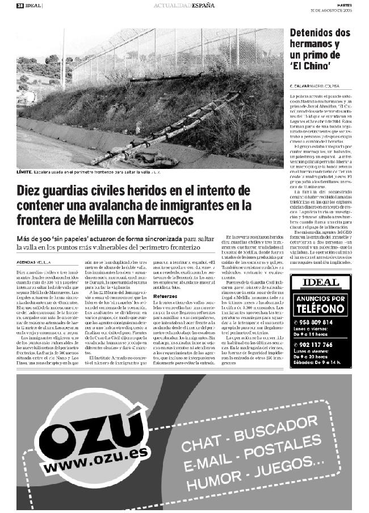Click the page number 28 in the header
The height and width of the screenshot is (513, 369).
point(19,5)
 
